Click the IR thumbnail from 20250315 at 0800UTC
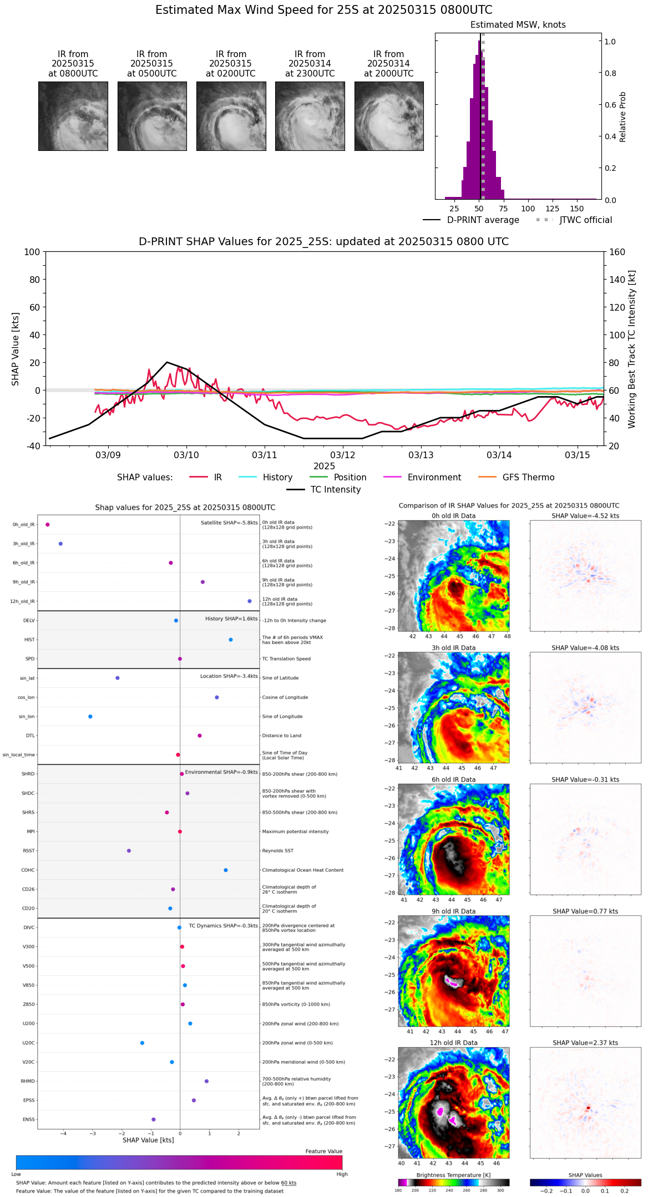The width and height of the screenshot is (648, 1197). pyautogui.click(x=73, y=116)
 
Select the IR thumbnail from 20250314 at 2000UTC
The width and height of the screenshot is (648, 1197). pyautogui.click(x=389, y=116)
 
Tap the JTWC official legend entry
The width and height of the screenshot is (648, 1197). pyautogui.click(x=585, y=220)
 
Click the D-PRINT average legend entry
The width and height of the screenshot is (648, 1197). pyautogui.click(x=483, y=220)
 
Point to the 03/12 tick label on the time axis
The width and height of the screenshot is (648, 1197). pyautogui.click(x=343, y=455)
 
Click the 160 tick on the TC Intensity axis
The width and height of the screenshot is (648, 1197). pyautogui.click(x=617, y=252)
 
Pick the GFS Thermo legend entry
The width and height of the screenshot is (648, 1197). pyautogui.click(x=528, y=478)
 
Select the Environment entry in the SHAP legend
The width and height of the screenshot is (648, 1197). pyautogui.click(x=434, y=478)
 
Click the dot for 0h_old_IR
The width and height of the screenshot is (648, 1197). pyautogui.click(x=48, y=525)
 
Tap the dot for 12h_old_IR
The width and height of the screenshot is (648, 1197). pyautogui.click(x=250, y=601)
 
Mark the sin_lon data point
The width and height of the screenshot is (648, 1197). pyautogui.click(x=90, y=717)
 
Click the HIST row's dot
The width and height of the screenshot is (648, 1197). pyautogui.click(x=231, y=640)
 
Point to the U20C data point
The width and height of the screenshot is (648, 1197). pyautogui.click(x=142, y=1043)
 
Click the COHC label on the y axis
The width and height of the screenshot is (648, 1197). pyautogui.click(x=28, y=870)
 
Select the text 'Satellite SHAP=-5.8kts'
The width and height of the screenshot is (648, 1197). pyautogui.click(x=229, y=523)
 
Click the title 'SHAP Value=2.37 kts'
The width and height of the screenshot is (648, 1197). pyautogui.click(x=585, y=1043)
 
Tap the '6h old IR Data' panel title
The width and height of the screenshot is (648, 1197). pyautogui.click(x=453, y=779)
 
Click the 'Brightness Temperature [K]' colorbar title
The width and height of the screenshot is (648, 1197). pyautogui.click(x=453, y=1175)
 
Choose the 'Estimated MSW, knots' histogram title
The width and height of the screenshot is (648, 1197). pyautogui.click(x=518, y=25)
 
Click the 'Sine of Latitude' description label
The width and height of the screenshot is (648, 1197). pyautogui.click(x=280, y=678)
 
